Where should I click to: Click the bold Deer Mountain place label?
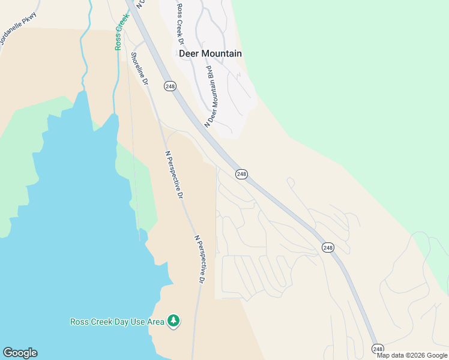point(210,53)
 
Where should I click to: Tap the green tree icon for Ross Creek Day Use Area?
point(174,321)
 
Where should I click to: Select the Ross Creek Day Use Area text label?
point(117,322)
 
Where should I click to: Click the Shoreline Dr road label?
point(139,68)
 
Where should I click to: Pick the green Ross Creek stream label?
point(122,32)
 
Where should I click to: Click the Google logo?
point(20,353)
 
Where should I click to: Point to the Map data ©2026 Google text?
point(412,355)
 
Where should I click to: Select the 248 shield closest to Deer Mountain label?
point(170,86)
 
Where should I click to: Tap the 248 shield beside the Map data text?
point(378,349)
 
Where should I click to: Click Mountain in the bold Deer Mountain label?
point(221,53)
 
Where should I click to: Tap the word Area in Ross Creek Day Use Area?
point(155,322)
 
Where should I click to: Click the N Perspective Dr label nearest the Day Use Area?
point(200,259)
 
